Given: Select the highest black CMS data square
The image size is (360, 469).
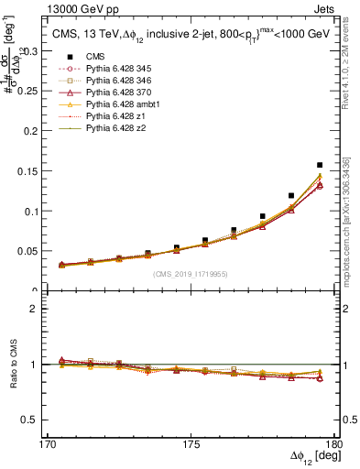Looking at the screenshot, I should point(320,166).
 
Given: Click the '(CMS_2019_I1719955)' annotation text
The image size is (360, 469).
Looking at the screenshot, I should point(191,273).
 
